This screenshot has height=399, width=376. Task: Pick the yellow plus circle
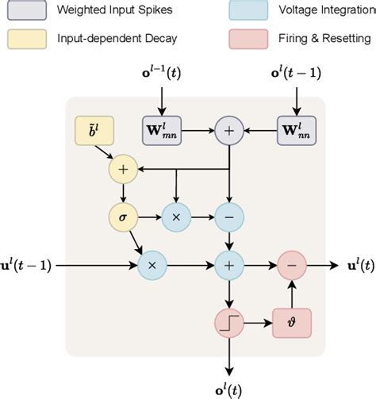pyautogui.click(x=123, y=168)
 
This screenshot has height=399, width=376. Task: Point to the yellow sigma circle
pyautogui.click(x=123, y=216)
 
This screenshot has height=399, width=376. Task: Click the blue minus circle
pyautogui.click(x=229, y=216)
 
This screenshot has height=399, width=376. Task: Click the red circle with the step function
pyautogui.click(x=229, y=324)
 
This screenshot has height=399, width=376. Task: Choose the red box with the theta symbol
pyautogui.click(x=292, y=324)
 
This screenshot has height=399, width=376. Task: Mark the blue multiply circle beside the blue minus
pyautogui.click(x=176, y=216)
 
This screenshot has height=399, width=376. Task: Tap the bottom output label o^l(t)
pyautogui.click(x=229, y=388)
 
